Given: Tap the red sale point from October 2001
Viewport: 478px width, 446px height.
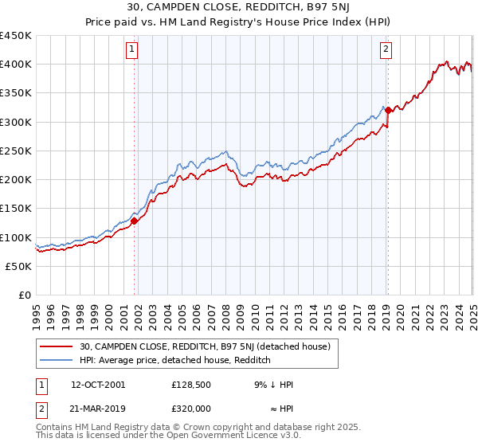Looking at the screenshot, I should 135,221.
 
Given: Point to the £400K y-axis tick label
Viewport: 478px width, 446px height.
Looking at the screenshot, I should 16,65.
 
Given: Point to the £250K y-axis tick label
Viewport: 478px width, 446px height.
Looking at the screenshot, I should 16,151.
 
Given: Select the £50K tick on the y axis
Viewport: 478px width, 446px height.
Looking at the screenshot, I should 19,266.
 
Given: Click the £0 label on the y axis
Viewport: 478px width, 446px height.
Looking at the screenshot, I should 25,295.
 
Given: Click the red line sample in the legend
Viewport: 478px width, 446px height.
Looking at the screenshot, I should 57,346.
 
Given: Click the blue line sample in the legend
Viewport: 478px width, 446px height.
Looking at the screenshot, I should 57,360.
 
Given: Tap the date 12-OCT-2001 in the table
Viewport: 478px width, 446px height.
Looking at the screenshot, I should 98,385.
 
